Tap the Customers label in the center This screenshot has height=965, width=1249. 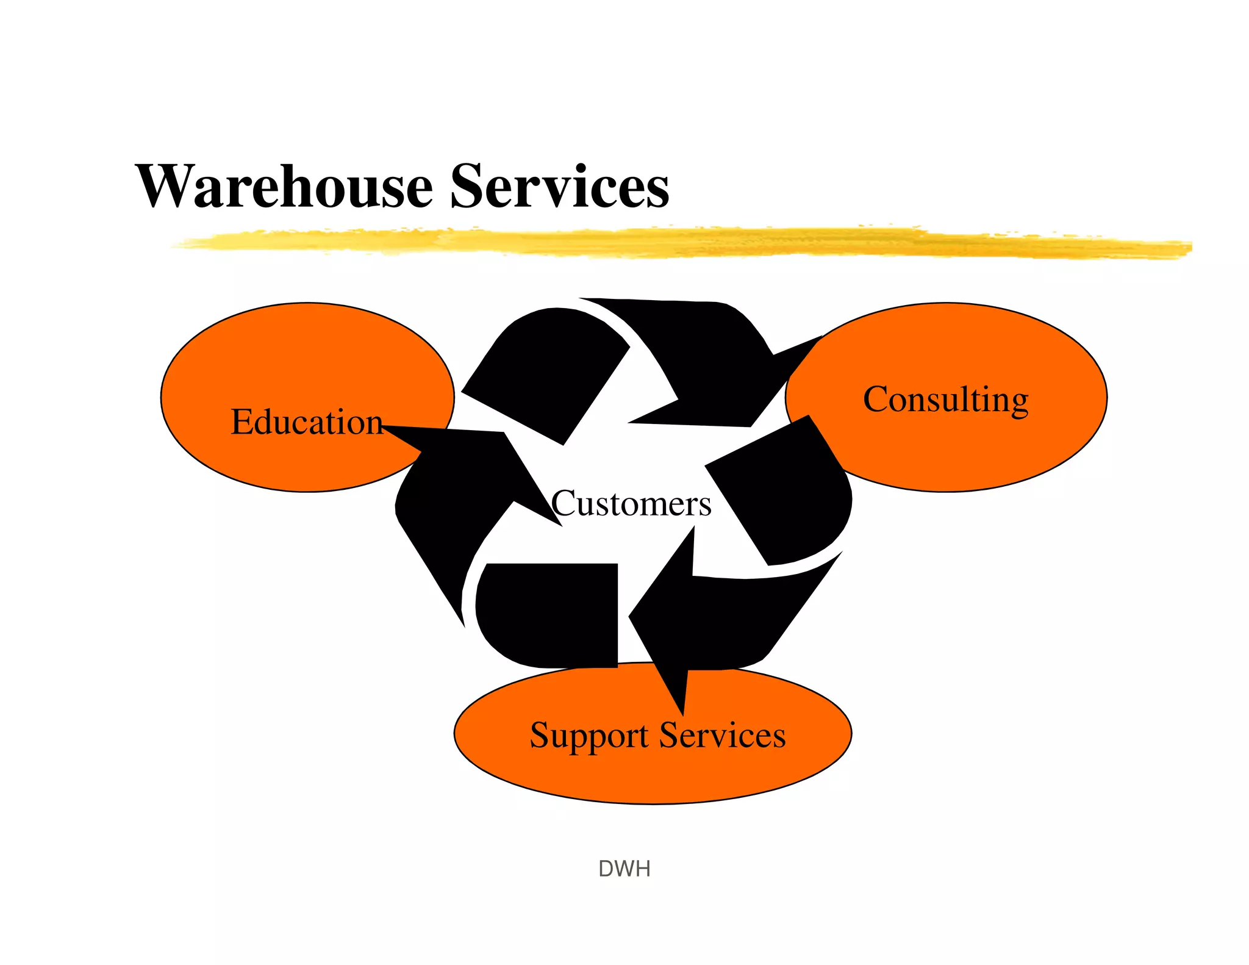632,504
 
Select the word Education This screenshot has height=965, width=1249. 306,422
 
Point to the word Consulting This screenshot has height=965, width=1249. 945,400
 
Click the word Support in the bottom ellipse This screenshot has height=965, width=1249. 589,736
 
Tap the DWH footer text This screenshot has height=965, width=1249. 624,869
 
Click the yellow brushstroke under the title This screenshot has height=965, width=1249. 671,243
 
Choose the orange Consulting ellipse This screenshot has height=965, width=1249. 976,451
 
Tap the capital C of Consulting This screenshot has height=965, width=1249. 876,400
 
